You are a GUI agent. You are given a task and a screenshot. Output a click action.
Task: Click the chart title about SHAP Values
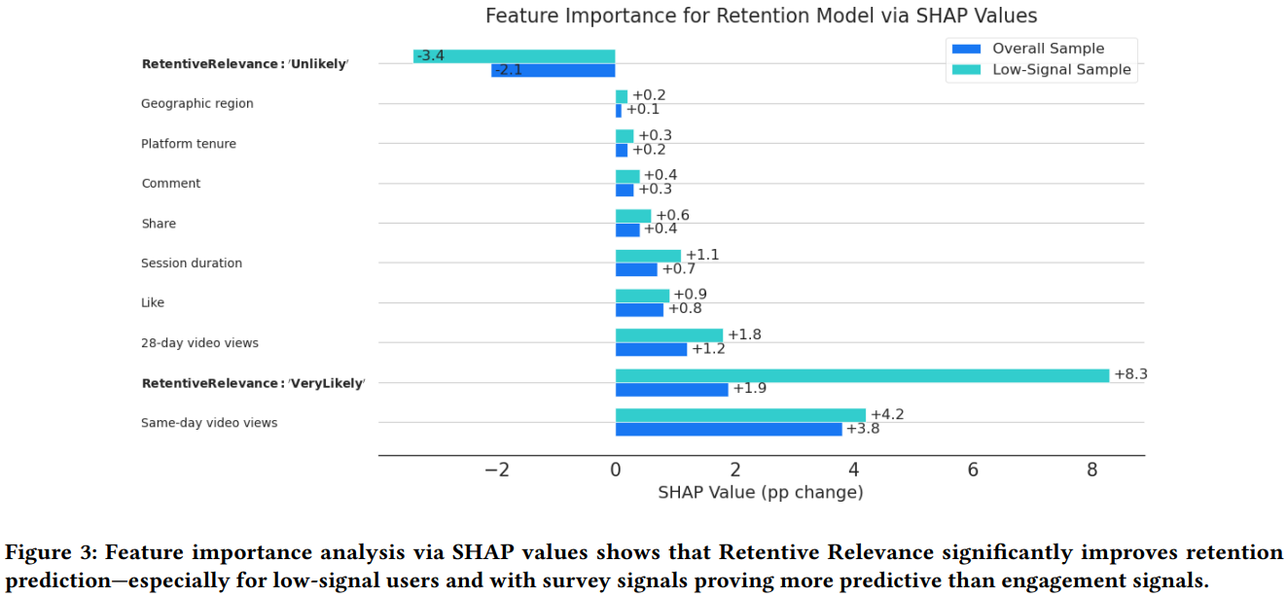761,16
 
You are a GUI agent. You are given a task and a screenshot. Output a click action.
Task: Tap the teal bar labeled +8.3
862,375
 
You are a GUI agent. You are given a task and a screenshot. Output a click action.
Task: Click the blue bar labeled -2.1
554,70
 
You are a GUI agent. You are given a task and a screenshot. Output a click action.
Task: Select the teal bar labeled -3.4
515,56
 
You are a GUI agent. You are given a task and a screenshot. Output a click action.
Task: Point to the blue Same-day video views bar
729,429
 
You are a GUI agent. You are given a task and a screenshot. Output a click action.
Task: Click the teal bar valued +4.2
740,415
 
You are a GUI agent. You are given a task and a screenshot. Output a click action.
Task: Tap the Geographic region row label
197,104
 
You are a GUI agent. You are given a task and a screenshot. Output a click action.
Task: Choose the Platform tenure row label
188,144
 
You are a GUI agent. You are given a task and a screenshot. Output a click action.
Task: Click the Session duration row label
192,263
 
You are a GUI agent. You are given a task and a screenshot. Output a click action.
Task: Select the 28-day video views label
199,343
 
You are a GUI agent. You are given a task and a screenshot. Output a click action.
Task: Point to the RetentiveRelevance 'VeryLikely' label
253,383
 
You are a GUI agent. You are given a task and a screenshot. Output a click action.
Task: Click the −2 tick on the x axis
496,470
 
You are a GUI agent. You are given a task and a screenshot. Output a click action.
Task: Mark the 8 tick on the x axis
1091,470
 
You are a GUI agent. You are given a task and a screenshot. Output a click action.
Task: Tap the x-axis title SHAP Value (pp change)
760,492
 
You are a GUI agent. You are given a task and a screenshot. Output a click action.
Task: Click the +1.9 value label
750,389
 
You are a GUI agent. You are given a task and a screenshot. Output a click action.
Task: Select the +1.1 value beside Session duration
702,255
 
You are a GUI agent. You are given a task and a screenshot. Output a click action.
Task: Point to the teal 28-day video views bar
669,335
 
